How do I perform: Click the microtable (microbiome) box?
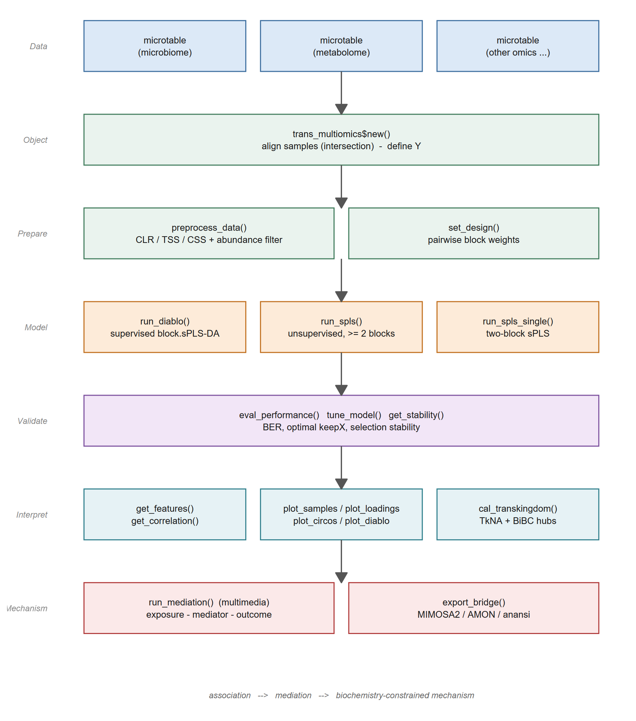(165, 46)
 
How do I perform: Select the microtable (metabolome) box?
(341, 46)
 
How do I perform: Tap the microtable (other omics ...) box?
(518, 46)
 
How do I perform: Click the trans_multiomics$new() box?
(341, 140)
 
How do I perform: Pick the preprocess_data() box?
(209, 233)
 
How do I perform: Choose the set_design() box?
(473, 233)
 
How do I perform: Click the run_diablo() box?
(165, 327)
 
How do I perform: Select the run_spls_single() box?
(518, 327)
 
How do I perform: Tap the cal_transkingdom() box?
(518, 514)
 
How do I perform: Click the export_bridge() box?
(473, 608)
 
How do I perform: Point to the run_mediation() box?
(209, 608)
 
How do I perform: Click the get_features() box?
(165, 514)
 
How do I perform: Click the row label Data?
(39, 46)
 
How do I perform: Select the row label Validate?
(33, 421)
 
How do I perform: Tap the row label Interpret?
(32, 515)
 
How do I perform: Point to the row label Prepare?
(33, 234)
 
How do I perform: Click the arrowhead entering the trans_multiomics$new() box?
(341, 109)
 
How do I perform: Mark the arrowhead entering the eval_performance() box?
(341, 390)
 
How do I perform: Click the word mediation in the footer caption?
(293, 696)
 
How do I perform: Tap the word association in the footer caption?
(230, 696)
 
